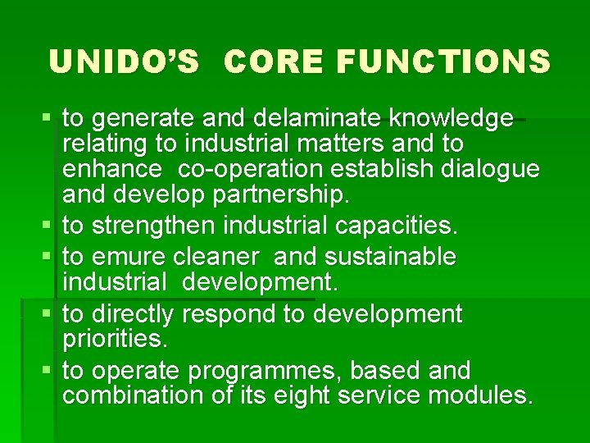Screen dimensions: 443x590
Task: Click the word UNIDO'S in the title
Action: (124, 62)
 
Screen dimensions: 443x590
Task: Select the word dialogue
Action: (492, 170)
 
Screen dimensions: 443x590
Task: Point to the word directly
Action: (133, 314)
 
